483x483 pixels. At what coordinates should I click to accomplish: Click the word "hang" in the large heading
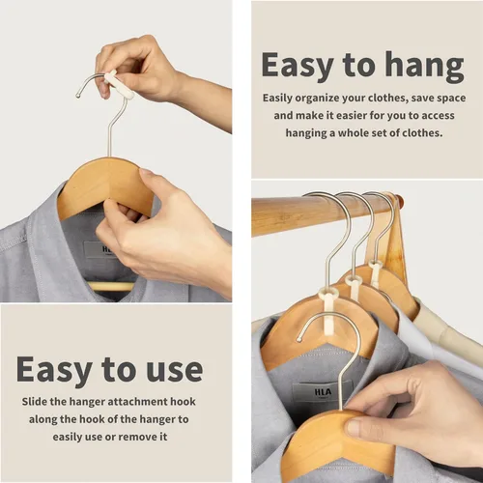point(424,67)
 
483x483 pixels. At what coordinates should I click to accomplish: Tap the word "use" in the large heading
point(175,369)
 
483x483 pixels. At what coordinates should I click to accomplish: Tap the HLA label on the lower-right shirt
point(323,392)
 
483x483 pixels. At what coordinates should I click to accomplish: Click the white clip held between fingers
point(119,85)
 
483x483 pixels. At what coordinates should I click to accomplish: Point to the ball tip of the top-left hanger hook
point(77,96)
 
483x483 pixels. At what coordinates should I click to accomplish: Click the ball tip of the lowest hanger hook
point(299,339)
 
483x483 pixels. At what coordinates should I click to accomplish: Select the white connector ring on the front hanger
point(328,294)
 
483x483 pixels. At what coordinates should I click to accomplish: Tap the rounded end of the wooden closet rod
point(398,200)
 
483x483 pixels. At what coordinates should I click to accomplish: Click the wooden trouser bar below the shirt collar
point(111,286)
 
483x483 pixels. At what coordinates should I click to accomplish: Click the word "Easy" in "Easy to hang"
point(298,67)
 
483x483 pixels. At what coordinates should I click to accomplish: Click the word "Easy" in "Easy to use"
point(54,371)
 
